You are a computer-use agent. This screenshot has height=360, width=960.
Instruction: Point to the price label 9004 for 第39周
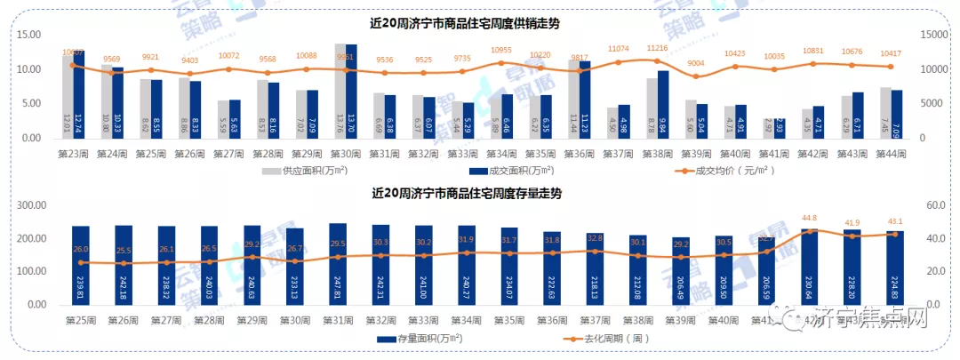point(695,63)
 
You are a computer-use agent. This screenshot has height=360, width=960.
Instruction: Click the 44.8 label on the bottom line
point(809,218)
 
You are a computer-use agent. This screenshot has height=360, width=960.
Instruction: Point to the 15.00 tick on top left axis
point(30,35)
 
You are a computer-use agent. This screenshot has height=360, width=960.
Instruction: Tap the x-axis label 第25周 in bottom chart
point(81,320)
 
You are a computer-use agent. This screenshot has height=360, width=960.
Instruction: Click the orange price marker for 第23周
point(73,65)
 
